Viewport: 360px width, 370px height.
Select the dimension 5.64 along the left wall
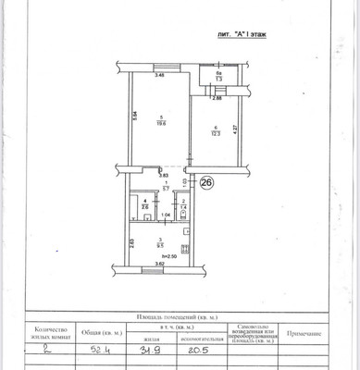(134, 117)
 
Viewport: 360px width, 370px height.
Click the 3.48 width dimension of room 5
(158, 75)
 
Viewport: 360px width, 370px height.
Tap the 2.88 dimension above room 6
(217, 97)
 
